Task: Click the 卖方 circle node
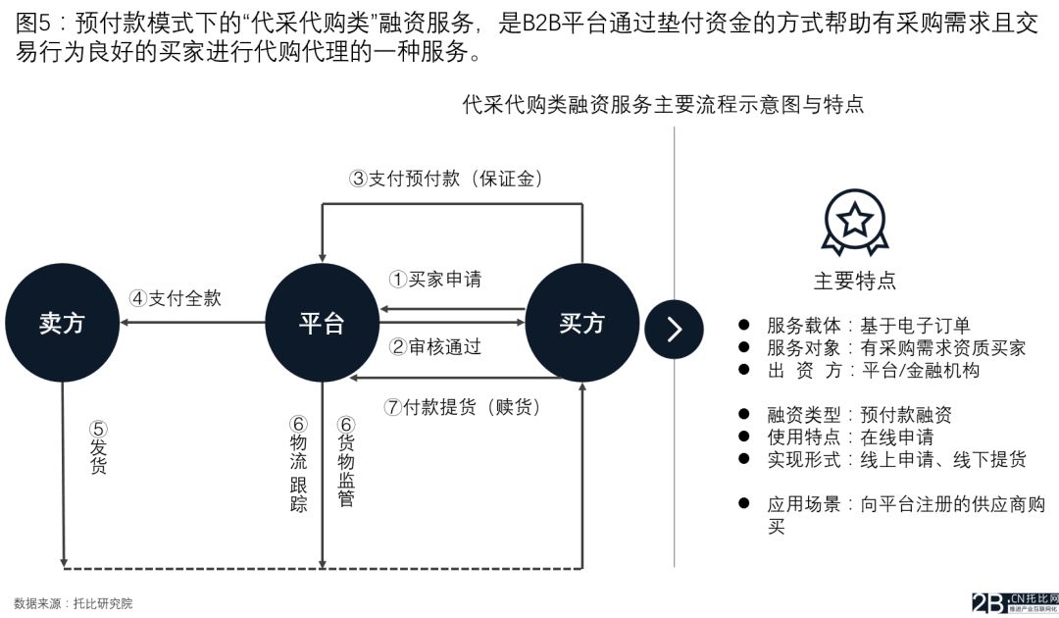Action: [x=62, y=324]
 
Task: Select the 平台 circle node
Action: [x=322, y=324]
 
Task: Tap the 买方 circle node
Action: [x=581, y=324]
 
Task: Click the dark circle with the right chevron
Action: [x=674, y=329]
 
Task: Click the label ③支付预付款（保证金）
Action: [x=446, y=179]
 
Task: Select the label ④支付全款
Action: [x=176, y=298]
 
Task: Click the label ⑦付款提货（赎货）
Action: [x=462, y=406]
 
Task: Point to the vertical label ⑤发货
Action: [x=98, y=448]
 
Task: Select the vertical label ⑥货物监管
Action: [x=345, y=462]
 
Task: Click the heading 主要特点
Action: [x=854, y=282]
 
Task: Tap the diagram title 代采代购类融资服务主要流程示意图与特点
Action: [x=663, y=105]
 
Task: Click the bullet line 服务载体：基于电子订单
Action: [x=868, y=326]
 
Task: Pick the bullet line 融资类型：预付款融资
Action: [x=859, y=415]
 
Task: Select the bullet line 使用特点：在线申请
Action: [x=849, y=437]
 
